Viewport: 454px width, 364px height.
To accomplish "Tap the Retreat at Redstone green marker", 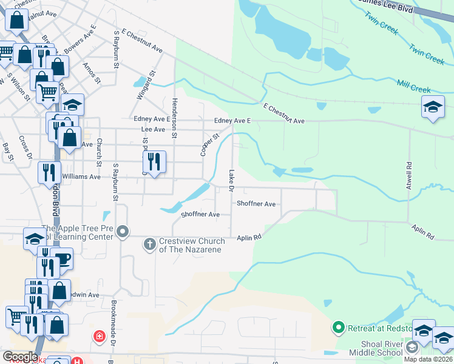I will tap(339, 329).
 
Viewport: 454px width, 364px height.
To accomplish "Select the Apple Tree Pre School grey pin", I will tap(123, 231).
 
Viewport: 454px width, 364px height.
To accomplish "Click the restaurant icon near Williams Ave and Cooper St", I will tap(154, 161).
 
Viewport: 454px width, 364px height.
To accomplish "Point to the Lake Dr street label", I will tap(231, 180).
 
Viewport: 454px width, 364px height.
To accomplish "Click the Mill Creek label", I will tap(413, 86).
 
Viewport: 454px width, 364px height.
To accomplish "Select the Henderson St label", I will tap(174, 118).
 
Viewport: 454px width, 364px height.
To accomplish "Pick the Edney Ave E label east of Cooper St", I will tap(232, 121).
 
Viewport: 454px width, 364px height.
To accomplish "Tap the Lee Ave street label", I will tap(153, 130).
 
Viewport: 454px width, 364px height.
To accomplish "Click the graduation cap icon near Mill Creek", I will tap(432, 107).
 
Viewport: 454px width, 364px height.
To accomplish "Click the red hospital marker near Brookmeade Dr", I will tap(98, 335).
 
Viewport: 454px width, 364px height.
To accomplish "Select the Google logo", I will tap(20, 357).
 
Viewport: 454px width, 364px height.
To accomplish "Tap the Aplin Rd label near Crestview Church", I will tap(249, 237).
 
